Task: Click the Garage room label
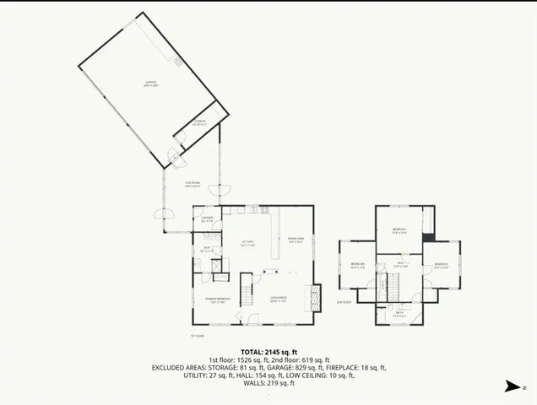click(x=151, y=84)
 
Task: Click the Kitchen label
click(x=248, y=244)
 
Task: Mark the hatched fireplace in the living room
click(x=315, y=296)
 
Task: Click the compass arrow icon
click(x=511, y=386)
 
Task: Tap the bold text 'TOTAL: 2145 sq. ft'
click(x=268, y=351)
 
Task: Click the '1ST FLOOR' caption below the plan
click(x=197, y=335)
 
